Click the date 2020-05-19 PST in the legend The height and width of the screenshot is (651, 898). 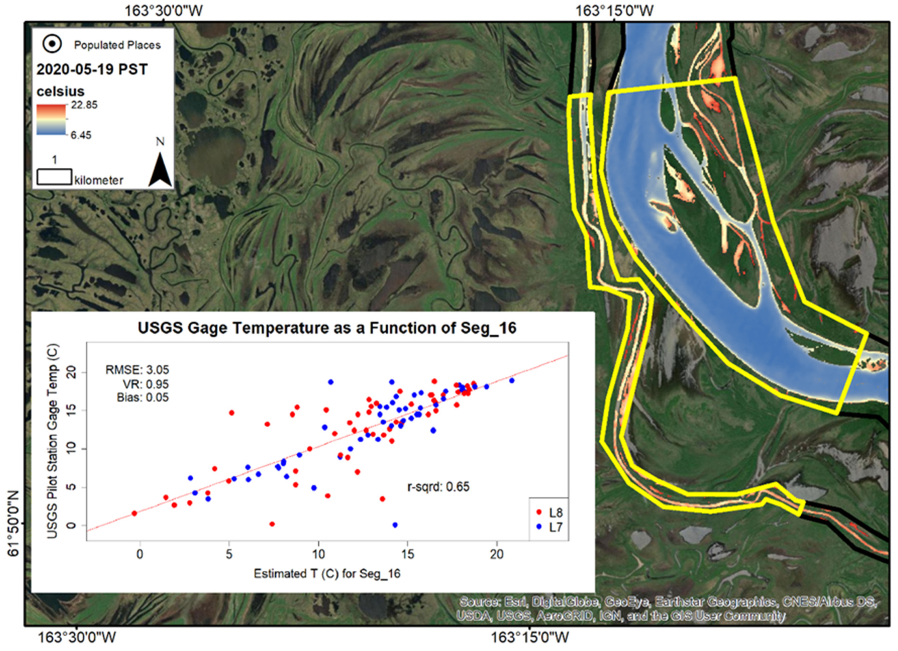(92, 70)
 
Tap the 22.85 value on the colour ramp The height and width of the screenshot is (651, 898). (84, 105)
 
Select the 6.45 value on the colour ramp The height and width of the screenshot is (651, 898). (81, 135)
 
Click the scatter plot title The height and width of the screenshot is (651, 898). (327, 328)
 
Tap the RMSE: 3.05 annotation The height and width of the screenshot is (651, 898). (137, 370)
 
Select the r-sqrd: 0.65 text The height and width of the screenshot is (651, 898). (438, 486)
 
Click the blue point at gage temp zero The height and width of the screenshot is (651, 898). (395, 525)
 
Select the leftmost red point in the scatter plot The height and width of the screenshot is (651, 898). (134, 513)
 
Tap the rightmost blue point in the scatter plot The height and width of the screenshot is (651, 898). (511, 380)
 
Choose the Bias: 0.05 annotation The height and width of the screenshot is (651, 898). (142, 397)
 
